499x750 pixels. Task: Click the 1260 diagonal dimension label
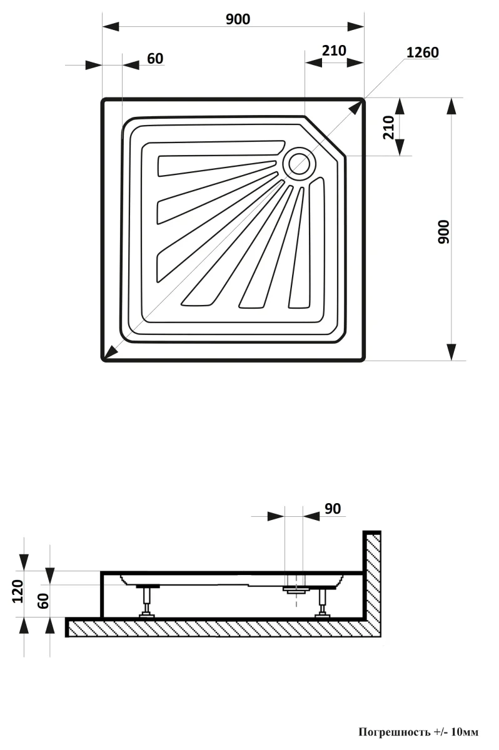coord(422,52)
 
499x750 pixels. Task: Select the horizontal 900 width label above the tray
coord(238,19)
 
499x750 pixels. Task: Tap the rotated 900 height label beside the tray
coord(443,232)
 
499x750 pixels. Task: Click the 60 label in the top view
coord(155,59)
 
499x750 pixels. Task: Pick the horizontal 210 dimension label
coord(334,51)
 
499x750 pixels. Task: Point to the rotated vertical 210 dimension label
coord(388,127)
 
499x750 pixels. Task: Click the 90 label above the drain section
coord(333,509)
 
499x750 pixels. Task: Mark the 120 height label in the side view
coord(17,591)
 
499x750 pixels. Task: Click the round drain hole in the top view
coord(298,164)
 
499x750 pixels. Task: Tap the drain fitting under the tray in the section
coord(294,589)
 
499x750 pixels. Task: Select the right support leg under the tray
coord(323,602)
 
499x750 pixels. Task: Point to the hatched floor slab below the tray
coord(219,627)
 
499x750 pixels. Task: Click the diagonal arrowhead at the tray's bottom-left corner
coord(110,353)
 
